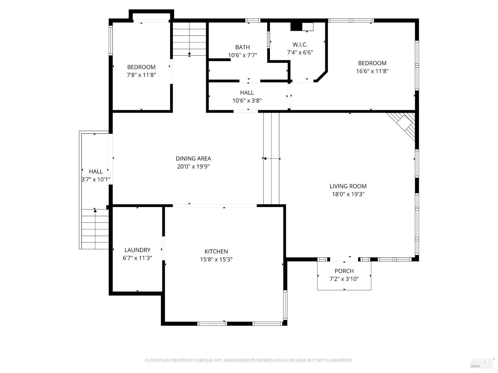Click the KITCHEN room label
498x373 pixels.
coord(216,251)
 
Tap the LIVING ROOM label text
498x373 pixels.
coord(348,186)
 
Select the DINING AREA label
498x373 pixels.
coord(193,158)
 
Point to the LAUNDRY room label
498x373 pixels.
coord(137,250)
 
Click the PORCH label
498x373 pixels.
coord(344,271)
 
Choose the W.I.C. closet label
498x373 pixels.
coord(300,44)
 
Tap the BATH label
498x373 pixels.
coord(242,47)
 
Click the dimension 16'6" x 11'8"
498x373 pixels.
coord(372,71)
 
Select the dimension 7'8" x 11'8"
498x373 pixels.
coord(141,75)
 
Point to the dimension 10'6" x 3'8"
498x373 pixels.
coord(247,101)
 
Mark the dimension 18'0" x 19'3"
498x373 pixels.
coord(348,194)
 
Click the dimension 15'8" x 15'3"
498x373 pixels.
coord(216,259)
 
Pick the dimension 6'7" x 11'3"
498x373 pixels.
coord(137,258)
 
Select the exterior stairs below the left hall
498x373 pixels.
coord(95,229)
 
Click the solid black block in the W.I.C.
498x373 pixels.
coord(295,27)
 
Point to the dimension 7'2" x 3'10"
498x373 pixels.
coord(344,279)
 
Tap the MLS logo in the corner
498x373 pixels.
coord(482,363)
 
